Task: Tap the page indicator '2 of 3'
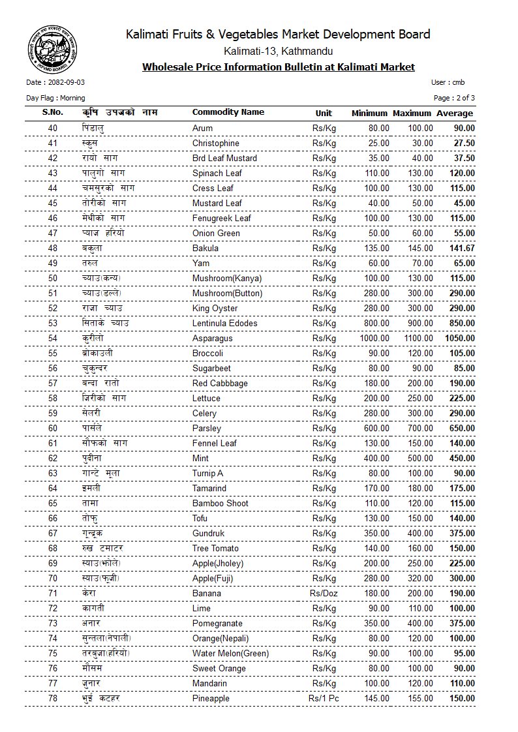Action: point(464,98)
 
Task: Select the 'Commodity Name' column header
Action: point(228,112)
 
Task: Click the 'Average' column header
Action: point(455,113)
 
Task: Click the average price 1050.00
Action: point(459,338)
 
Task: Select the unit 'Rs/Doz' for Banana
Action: point(324,593)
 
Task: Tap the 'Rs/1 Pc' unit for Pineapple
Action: point(324,699)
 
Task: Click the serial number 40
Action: point(53,128)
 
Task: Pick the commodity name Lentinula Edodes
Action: point(224,323)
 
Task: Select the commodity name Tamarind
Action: point(209,488)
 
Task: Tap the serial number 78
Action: point(53,699)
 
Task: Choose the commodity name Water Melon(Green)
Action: point(230,653)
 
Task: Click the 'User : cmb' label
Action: point(448,83)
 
